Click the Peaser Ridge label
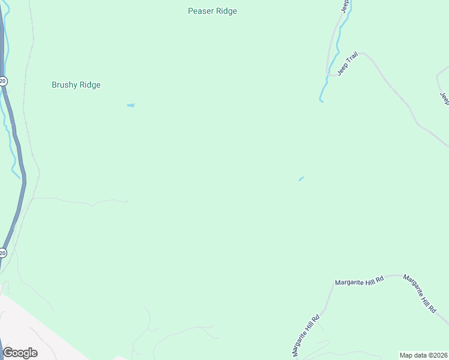[212, 11]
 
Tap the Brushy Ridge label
[76, 85]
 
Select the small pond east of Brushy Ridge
[130, 106]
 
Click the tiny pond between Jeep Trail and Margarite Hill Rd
[301, 178]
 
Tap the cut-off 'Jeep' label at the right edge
[444, 98]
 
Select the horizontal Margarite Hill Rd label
[358, 281]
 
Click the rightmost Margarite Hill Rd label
[419, 294]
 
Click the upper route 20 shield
[3, 81]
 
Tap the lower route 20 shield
[3, 253]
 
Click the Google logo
[20, 353]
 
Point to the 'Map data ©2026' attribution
[423, 355]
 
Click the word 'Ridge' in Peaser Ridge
[226, 11]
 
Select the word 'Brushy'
[64, 85]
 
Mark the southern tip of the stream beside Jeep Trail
[321, 101]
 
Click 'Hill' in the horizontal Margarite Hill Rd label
[367, 281]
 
